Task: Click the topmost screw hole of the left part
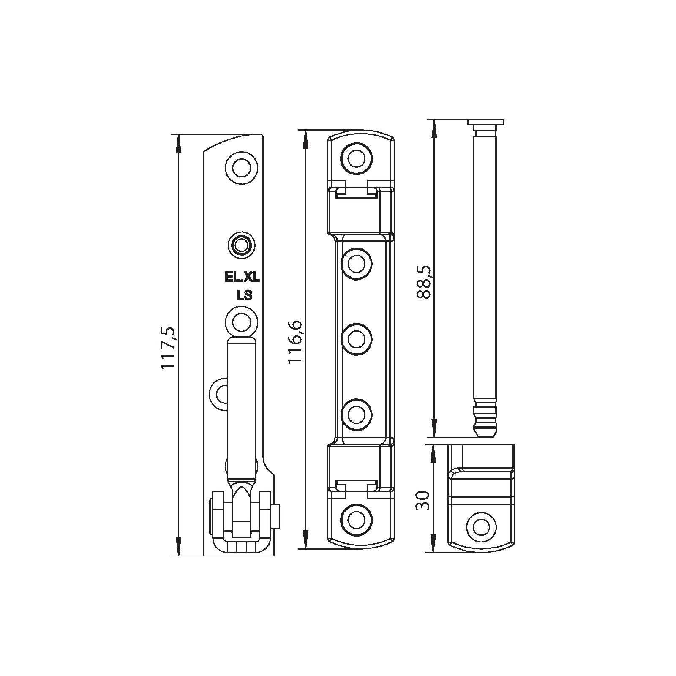pos(241,168)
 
